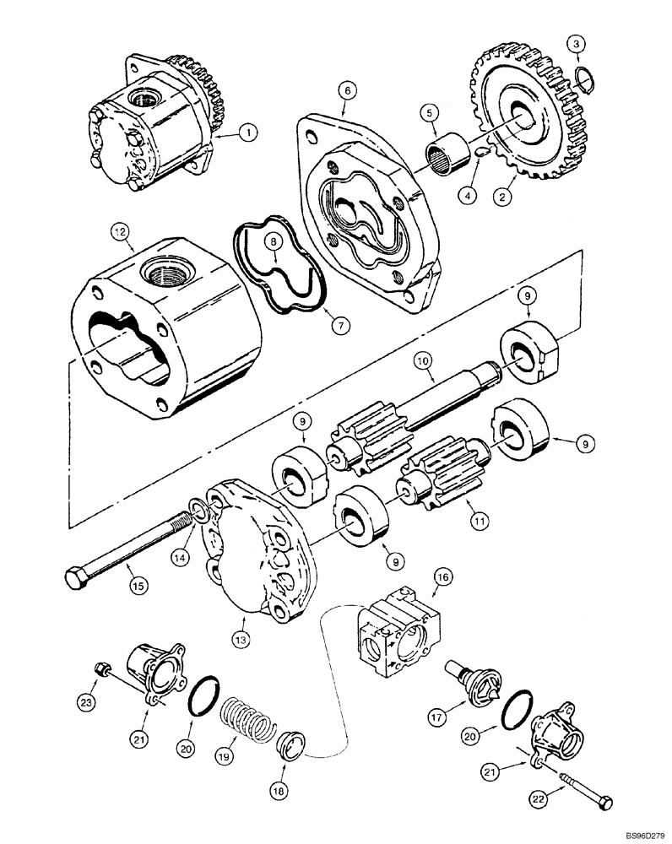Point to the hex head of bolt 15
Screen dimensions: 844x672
pos(74,580)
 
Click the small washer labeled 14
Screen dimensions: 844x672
pos(198,511)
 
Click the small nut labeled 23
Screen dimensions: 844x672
pos(101,669)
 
